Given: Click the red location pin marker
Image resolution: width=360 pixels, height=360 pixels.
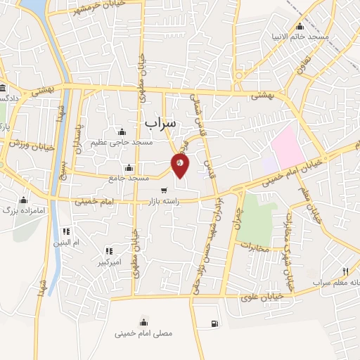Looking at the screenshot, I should click(181, 165).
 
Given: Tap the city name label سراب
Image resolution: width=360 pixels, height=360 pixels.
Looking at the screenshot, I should click(162, 122).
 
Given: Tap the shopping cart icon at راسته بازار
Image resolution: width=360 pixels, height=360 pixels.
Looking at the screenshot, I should click(164, 191).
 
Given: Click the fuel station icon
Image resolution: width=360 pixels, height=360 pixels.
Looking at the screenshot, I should click(213, 323).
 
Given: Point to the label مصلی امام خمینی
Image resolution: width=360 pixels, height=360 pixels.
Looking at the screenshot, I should click(143, 334).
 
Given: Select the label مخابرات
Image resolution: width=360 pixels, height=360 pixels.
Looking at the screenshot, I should click(255, 247).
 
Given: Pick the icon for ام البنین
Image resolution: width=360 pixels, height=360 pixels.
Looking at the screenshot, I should click(66, 231).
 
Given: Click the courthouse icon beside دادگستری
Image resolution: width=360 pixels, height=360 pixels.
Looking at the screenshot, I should click(4, 89).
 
